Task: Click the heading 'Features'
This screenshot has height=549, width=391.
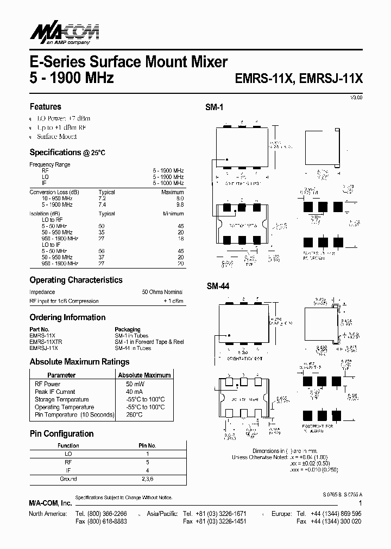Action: pyautogui.click(x=45, y=107)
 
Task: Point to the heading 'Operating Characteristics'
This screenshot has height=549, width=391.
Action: pyautogui.click(x=75, y=280)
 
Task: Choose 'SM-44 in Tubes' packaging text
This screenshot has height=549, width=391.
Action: pyautogui.click(x=133, y=348)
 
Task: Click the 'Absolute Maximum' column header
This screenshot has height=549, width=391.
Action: pyautogui.click(x=144, y=375)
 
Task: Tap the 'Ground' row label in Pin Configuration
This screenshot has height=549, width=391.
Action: pyautogui.click(x=68, y=479)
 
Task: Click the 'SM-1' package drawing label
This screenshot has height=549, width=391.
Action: pyautogui.click(x=214, y=108)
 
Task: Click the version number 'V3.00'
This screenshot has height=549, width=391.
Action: pyautogui.click(x=356, y=97)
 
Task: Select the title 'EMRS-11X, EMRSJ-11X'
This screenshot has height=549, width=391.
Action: pyautogui.click(x=298, y=78)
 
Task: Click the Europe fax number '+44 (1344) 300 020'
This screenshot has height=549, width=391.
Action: pyautogui.click(x=336, y=521)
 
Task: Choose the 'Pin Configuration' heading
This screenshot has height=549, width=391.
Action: pyautogui.click(x=61, y=433)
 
